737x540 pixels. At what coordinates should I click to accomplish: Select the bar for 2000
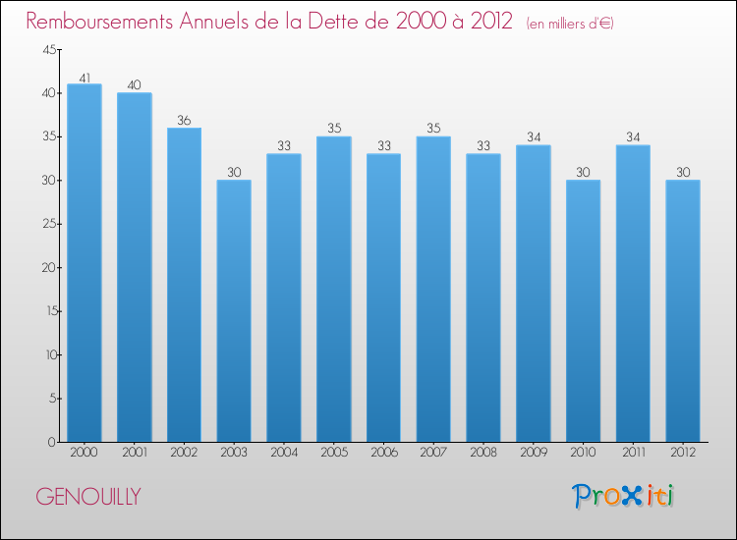point(84,262)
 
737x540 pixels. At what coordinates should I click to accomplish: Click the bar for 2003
point(234,310)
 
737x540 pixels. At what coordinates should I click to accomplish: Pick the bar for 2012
point(683,310)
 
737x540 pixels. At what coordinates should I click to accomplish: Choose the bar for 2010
point(583,310)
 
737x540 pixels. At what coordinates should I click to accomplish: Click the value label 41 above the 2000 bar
point(84,77)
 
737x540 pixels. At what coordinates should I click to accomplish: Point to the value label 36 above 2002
point(184,121)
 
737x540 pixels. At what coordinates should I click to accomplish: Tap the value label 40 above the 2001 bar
point(134,85)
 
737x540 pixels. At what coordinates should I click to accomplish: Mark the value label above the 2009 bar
point(533,138)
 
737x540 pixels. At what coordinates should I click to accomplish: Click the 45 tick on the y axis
point(48,50)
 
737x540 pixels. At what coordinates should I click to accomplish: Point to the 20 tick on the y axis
point(48,268)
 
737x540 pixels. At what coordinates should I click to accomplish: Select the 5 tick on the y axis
point(52,399)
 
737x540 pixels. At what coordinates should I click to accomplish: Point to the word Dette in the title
point(346,22)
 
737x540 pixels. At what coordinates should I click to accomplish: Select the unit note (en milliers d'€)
point(570,24)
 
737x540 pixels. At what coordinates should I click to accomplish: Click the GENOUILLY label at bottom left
point(87,497)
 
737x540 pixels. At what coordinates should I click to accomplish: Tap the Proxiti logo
point(623,496)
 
